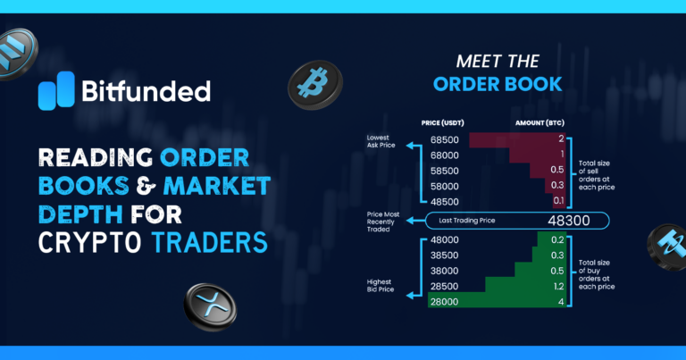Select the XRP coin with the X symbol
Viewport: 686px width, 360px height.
[x=210, y=306]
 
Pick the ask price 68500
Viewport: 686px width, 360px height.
[x=444, y=140]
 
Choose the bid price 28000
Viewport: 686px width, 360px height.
[x=444, y=303]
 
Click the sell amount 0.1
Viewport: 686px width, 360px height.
[x=558, y=201]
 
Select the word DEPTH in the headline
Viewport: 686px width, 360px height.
[x=81, y=215]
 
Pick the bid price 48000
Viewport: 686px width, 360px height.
[x=444, y=239]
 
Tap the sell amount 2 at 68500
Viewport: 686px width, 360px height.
[x=560, y=140]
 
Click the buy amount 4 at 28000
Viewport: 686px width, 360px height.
[x=559, y=303]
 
